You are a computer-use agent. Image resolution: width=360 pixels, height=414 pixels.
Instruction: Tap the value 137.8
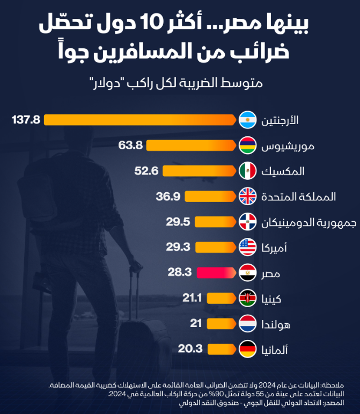point(26,120)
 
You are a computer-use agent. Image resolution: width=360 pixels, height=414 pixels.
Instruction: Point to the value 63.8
point(130,146)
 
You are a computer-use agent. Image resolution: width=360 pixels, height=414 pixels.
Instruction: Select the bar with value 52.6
point(200,171)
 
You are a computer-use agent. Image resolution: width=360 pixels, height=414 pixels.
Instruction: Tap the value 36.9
point(167,197)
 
